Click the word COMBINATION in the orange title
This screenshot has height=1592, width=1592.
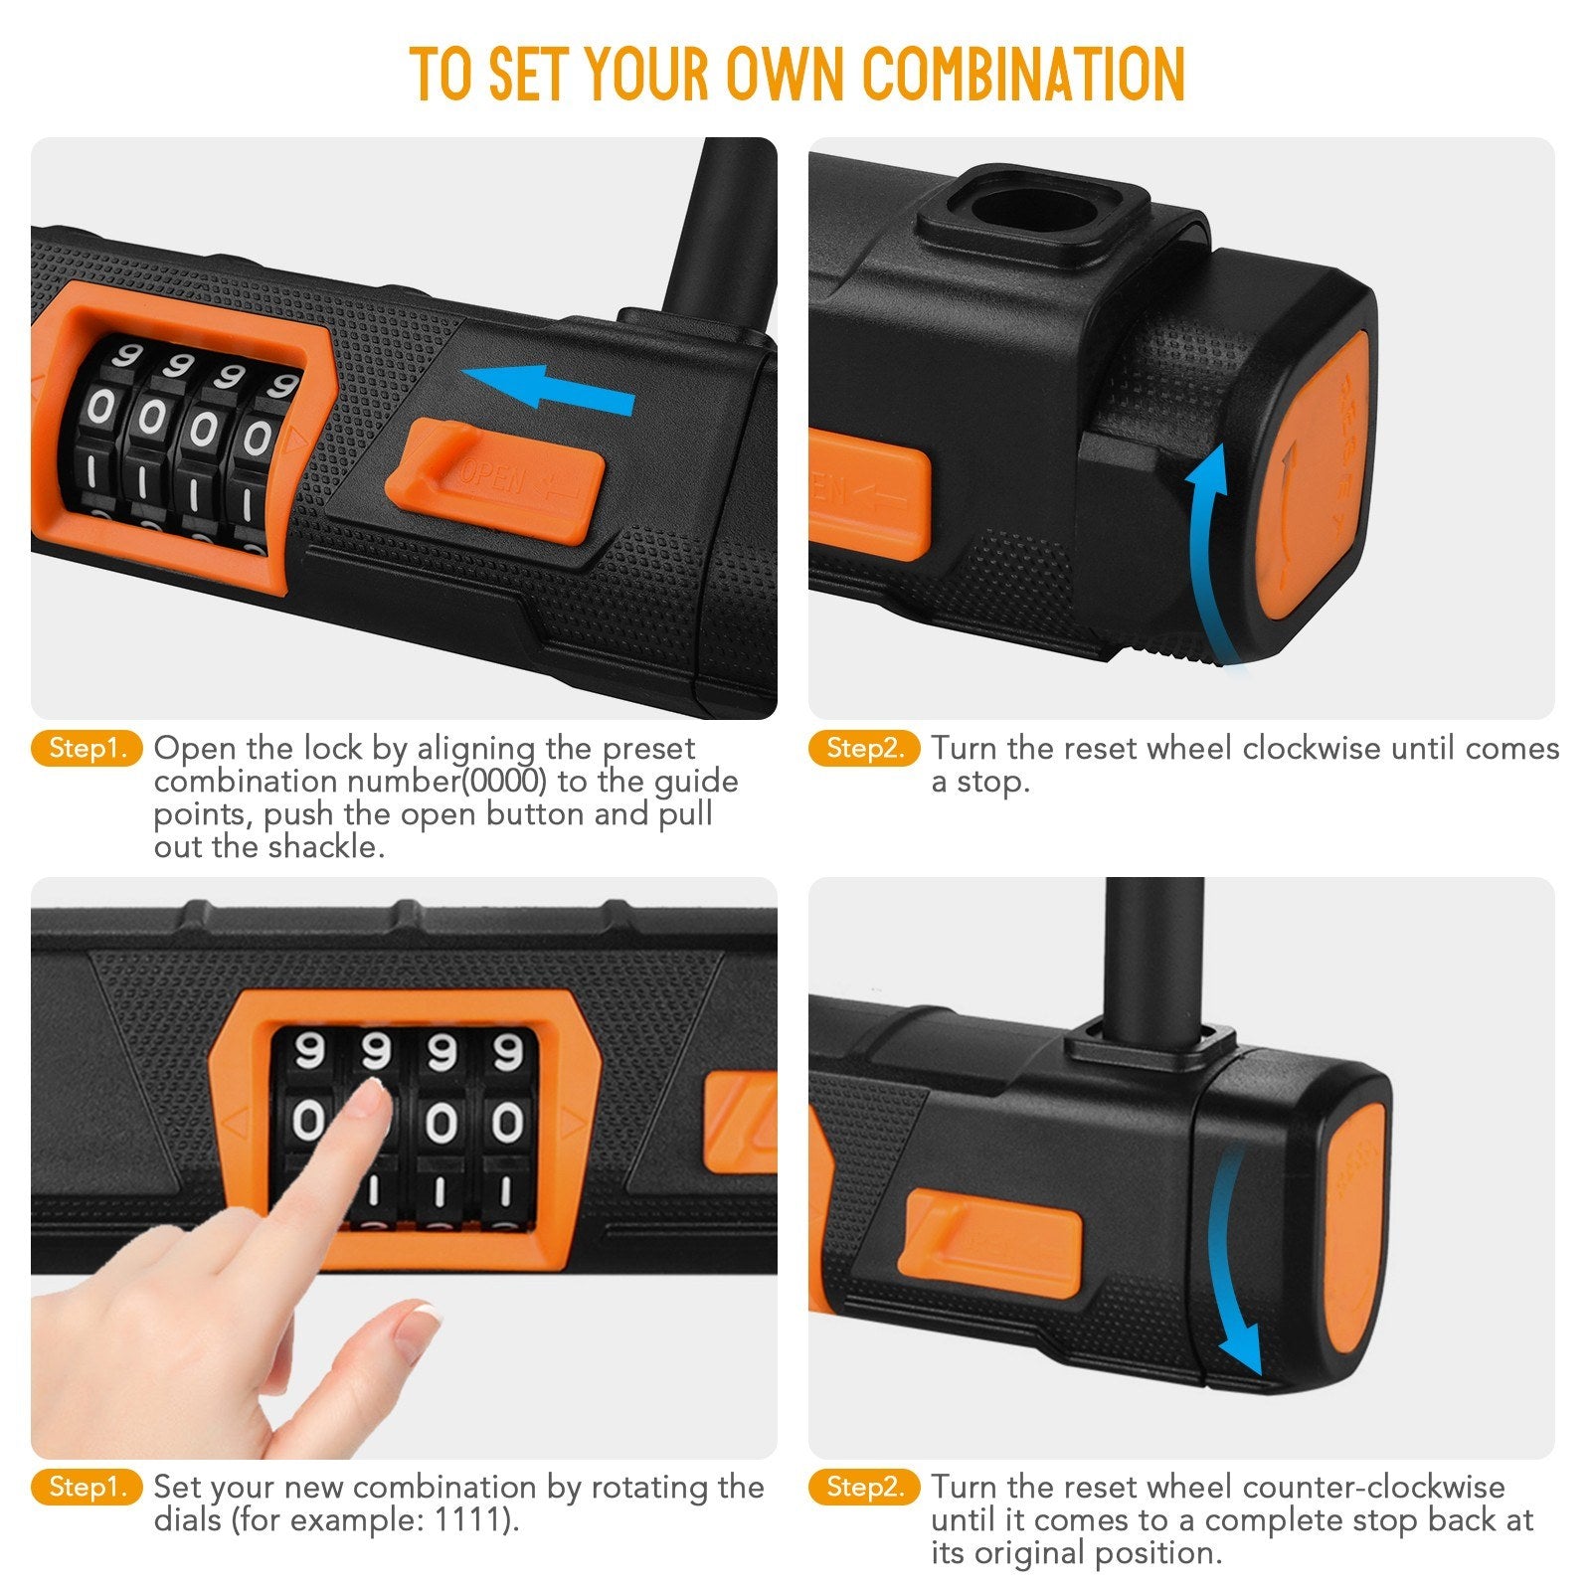tap(1024, 73)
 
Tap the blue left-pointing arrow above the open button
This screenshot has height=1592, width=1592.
tap(549, 388)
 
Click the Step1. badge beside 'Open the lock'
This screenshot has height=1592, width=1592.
tap(88, 749)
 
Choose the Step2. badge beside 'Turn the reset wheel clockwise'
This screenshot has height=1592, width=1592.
tap(865, 749)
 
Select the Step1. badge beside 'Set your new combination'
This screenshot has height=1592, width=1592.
tap(88, 1488)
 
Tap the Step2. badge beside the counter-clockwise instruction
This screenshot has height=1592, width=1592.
tap(865, 1488)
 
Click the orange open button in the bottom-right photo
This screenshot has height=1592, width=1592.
tap(990, 1233)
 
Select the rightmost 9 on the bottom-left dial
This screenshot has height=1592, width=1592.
tap(507, 1051)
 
